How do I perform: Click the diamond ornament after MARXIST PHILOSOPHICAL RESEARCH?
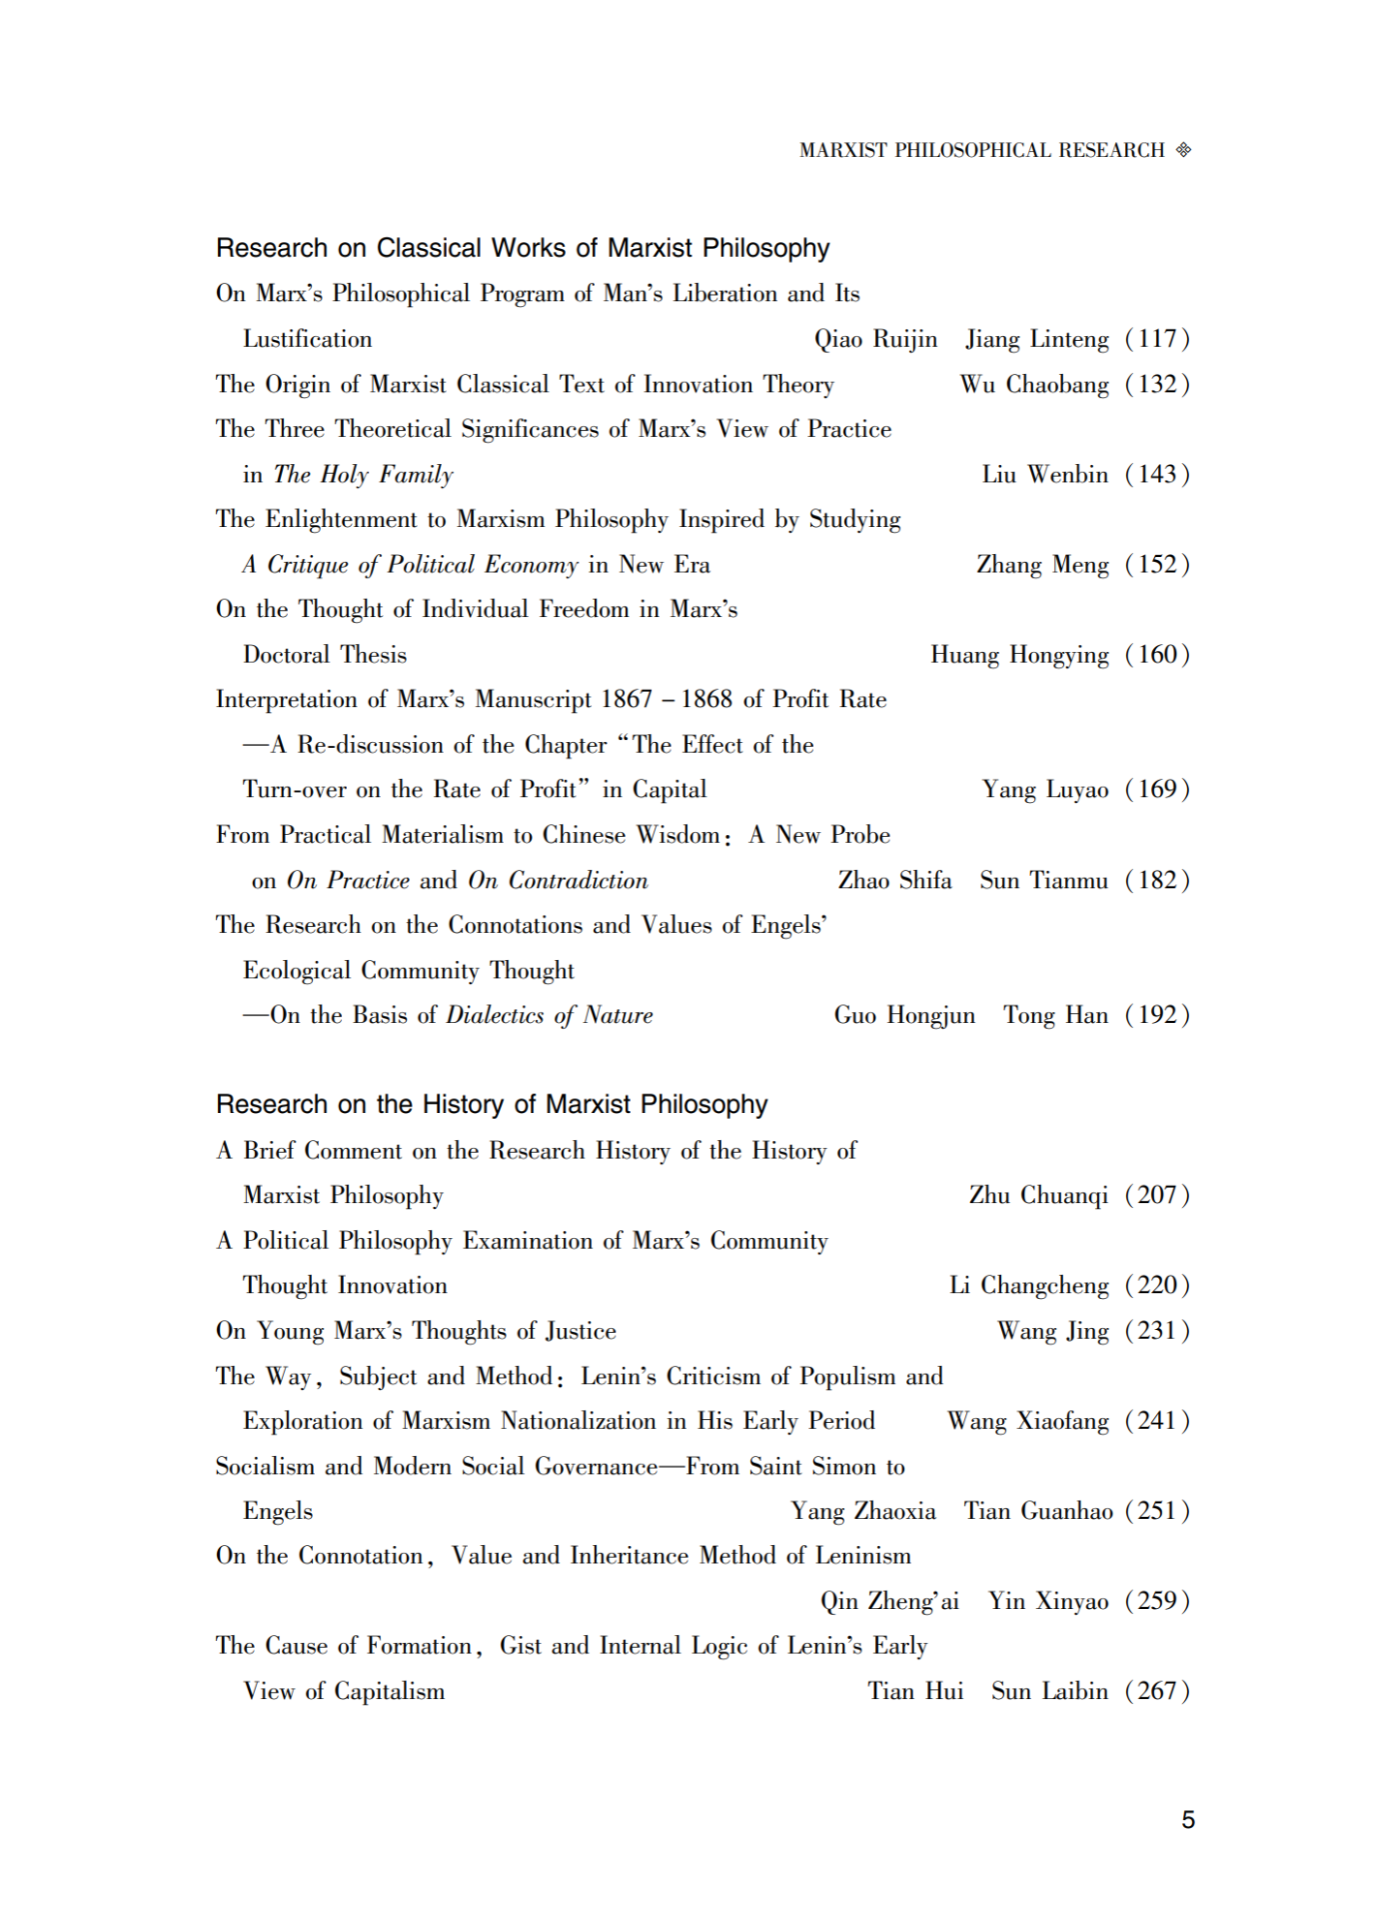[x=1183, y=150]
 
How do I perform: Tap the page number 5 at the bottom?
[x=1188, y=1820]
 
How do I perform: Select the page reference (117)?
[x=1157, y=339]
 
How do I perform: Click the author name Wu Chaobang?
[x=1034, y=385]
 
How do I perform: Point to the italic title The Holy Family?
[x=363, y=475]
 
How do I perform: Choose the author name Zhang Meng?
[x=1042, y=565]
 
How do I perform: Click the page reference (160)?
[x=1157, y=655]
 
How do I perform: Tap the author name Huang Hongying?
[x=1019, y=655]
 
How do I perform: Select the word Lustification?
[x=307, y=339]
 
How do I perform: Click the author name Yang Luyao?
[x=1045, y=789]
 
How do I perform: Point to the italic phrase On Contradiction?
[x=558, y=881]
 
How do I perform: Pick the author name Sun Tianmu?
[x=1044, y=881]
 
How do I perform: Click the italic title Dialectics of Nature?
[x=549, y=1015]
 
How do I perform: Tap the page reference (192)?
[x=1157, y=1015]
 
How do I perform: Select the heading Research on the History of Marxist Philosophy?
[x=491, y=1104]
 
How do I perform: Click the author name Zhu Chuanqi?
[x=1038, y=1195]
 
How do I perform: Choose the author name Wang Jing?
[x=1052, y=1331]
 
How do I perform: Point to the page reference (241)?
[x=1157, y=1421]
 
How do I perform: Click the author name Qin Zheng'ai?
[x=890, y=1601]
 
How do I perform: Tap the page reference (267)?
[x=1157, y=1691]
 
